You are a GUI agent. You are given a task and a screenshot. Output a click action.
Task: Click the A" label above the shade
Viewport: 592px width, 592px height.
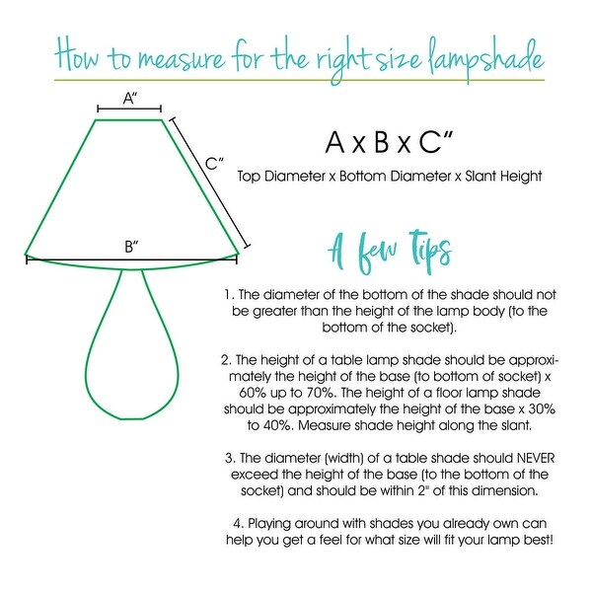pos(129,98)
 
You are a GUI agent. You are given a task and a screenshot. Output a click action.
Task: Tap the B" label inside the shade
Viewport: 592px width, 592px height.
pos(131,247)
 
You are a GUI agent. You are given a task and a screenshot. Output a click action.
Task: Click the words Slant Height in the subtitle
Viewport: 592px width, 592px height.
pos(505,177)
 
